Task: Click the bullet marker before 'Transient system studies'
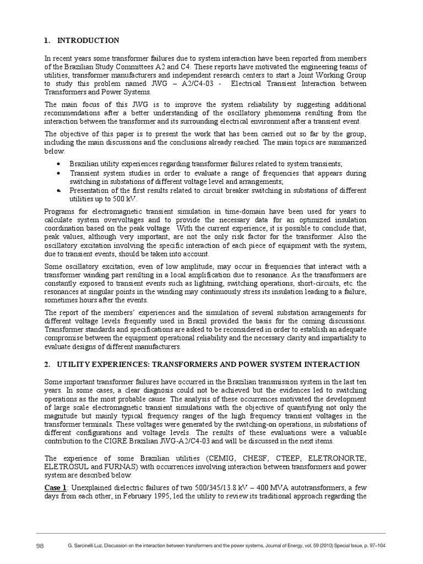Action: [x=58, y=173]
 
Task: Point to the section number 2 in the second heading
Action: [x=46, y=365]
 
